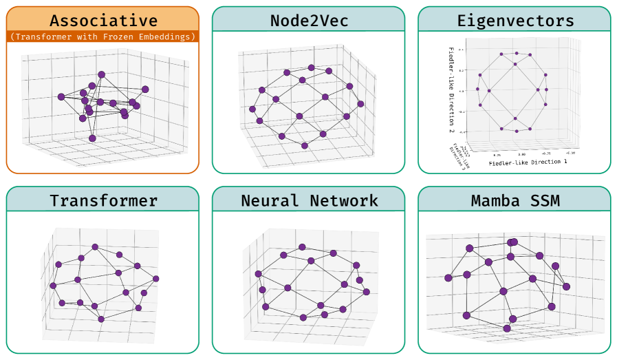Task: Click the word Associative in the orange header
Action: (103, 21)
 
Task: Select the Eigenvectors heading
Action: (514, 21)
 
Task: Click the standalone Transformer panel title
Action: (103, 201)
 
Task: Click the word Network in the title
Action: (343, 201)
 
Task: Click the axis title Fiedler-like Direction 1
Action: (528, 162)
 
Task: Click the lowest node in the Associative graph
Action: (92, 138)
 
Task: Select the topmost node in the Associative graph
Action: (101, 74)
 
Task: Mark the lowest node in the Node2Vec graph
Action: (305, 145)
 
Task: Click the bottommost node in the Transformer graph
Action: (101, 319)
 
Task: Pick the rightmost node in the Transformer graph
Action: (156, 279)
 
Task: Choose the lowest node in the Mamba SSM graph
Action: (507, 328)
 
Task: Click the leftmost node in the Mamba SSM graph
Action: (448, 278)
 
